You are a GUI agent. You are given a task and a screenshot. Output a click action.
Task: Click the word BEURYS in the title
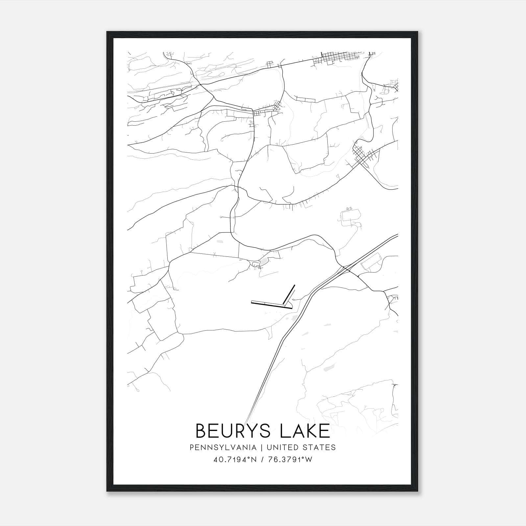coord(235,431)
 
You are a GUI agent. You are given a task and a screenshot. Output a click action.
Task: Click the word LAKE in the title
coord(305,431)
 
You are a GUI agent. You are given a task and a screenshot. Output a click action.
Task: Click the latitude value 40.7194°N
coord(235,460)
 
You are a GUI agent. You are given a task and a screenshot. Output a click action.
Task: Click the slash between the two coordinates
coord(262,460)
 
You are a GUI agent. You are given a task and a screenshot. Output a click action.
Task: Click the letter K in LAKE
coord(310,431)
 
